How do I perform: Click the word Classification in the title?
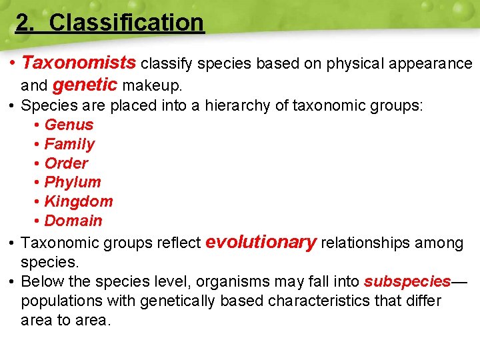click(126, 23)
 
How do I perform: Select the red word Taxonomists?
click(79, 63)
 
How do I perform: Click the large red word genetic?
click(85, 85)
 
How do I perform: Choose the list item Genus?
click(69, 125)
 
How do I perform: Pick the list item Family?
click(69, 144)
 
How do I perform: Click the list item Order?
click(66, 163)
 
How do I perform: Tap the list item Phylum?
click(73, 182)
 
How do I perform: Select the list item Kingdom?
click(79, 201)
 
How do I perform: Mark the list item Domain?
click(73, 221)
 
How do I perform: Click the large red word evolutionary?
click(261, 242)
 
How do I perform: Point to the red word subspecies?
click(407, 281)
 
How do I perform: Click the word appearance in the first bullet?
click(431, 64)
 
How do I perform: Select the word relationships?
click(366, 243)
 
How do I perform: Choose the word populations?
click(61, 301)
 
